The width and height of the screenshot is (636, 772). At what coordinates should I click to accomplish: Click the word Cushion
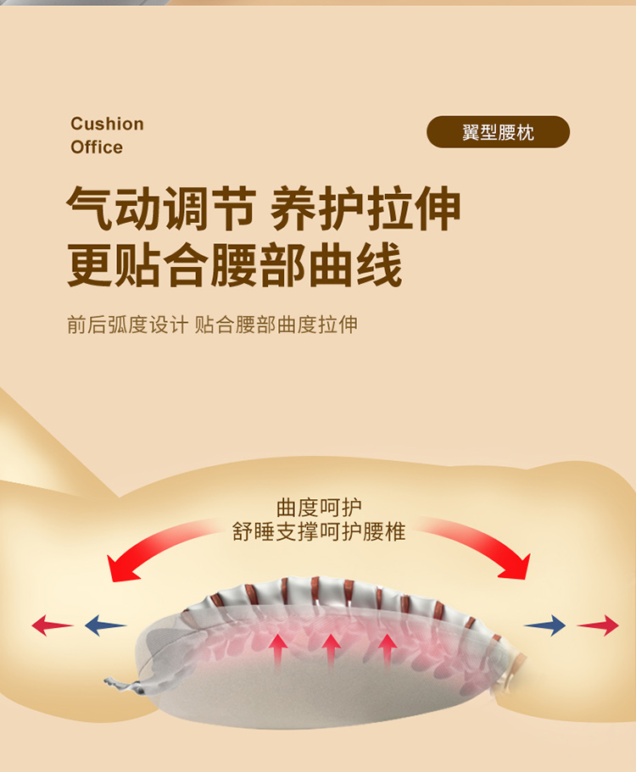pos(108,125)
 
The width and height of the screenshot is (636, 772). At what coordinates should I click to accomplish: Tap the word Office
pos(97,147)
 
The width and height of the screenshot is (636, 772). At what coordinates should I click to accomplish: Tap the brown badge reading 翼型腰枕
pos(498,133)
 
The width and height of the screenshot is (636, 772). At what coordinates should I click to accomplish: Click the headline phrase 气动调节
pos(161,209)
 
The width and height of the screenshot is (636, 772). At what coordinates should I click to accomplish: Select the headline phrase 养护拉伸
pos(365,209)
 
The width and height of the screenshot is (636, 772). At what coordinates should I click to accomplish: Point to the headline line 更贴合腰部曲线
pos(235,266)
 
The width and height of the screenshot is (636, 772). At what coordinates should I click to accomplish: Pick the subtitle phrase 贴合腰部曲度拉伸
pos(276,325)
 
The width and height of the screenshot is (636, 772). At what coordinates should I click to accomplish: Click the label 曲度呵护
pos(319,508)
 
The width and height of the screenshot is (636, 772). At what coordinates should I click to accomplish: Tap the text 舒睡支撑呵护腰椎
pos(319,532)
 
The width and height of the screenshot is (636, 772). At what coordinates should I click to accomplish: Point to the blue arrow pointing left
pos(104,626)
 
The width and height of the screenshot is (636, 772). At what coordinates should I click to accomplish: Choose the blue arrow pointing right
pos(545,626)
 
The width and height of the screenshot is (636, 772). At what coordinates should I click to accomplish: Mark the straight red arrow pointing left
pos(52,626)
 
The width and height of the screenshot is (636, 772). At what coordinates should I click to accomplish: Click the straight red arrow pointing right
pos(599,626)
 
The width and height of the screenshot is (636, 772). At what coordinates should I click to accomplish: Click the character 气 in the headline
pos(90,209)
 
